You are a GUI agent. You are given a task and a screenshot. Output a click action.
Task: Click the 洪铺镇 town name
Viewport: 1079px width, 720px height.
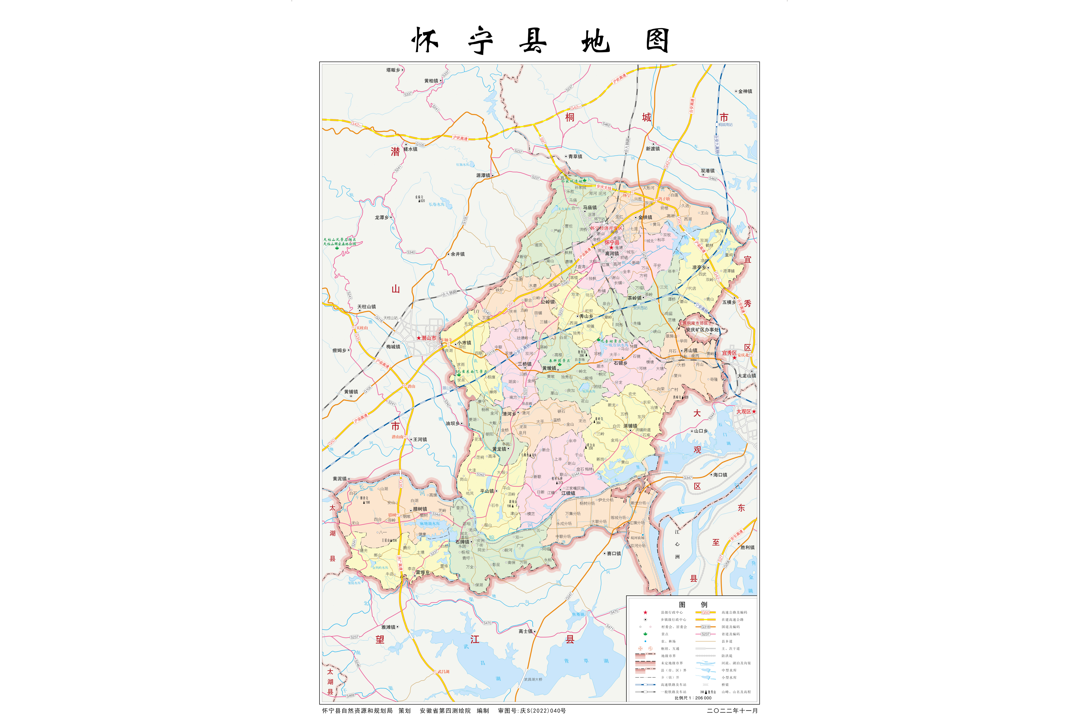coord(630,426)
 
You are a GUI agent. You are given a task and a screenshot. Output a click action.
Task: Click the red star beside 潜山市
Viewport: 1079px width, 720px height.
coord(418,338)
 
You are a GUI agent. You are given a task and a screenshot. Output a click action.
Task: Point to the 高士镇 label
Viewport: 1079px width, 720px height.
coord(525,631)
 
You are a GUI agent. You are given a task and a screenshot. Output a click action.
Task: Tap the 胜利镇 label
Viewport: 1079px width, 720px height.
coord(747,547)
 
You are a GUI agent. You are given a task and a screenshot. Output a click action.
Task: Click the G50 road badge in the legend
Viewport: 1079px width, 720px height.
coord(705,613)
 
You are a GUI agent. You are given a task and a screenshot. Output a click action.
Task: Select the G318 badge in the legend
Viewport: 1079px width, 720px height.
coord(705,627)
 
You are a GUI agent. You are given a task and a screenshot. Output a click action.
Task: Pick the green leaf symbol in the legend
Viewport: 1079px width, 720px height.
coord(645,634)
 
